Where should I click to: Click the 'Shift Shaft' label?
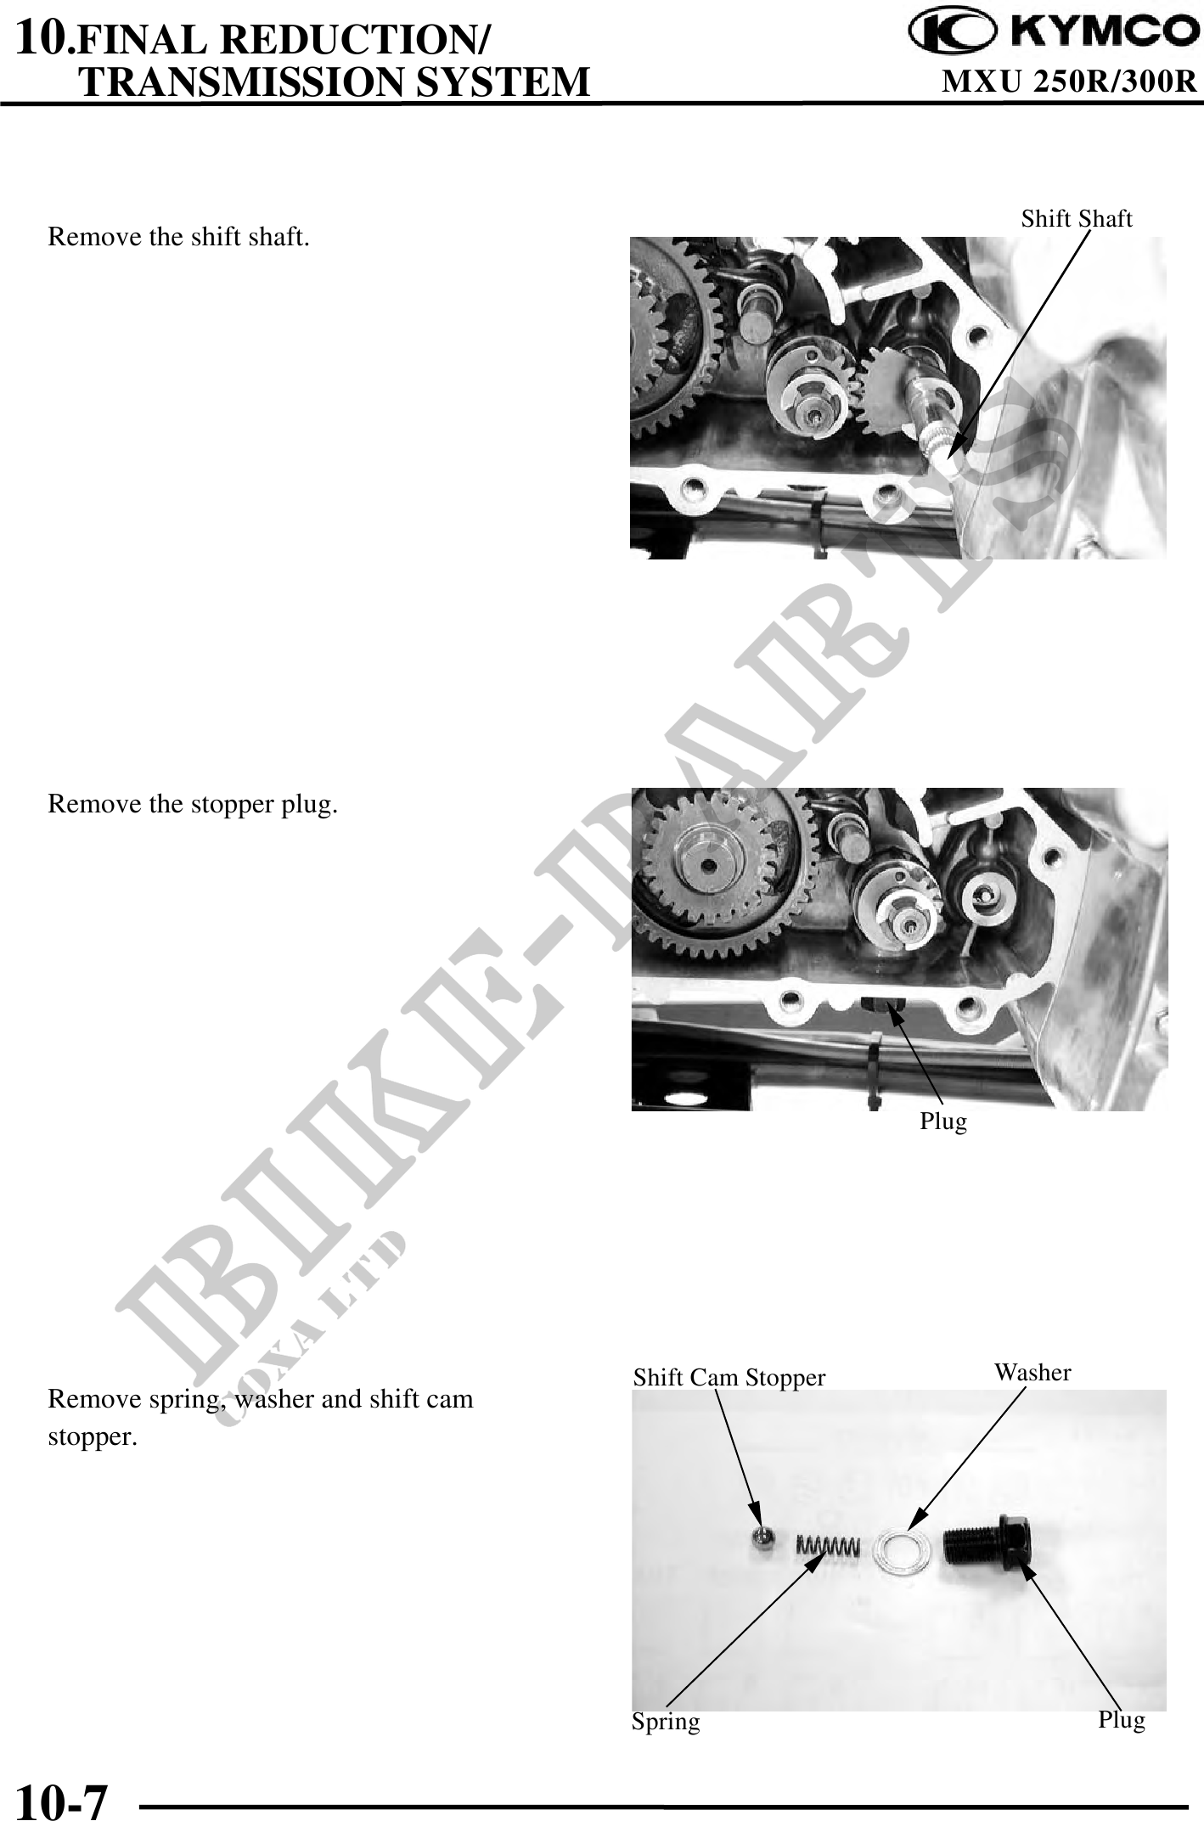pos(1076,219)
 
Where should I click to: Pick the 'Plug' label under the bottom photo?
pos(1122,1720)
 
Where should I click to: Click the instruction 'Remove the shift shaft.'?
pos(178,237)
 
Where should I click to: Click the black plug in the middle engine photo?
pos(884,1005)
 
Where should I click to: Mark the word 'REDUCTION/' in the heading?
pos(363,39)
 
